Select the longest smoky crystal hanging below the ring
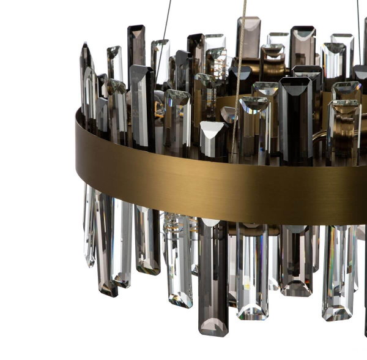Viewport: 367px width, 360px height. [213, 276]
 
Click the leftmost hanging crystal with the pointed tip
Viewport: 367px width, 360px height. [89, 227]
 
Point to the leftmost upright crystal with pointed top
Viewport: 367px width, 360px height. [86, 80]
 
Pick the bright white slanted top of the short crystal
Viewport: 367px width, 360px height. [211, 132]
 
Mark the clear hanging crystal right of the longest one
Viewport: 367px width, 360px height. [252, 269]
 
